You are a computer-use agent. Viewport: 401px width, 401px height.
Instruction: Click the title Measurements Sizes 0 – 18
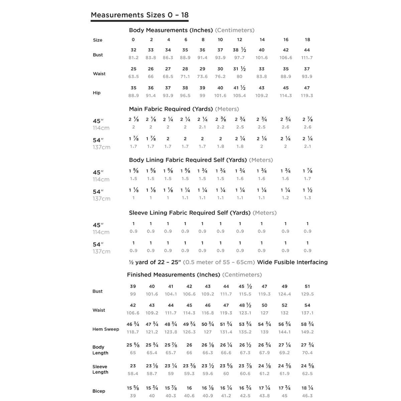tap(140, 15)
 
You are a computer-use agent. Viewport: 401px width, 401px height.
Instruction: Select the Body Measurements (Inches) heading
tap(171, 30)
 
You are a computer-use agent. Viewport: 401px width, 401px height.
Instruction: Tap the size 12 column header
tap(240, 39)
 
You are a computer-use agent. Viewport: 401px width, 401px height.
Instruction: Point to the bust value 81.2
tap(133, 57)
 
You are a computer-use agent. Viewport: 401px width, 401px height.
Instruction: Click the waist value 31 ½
tap(239, 69)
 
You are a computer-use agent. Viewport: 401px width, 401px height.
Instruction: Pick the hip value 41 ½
tap(239, 88)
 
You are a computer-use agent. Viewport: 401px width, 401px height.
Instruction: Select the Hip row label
tap(97, 93)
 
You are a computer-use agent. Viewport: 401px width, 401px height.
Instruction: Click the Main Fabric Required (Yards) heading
tap(171, 109)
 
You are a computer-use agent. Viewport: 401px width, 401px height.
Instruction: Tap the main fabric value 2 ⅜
tap(221, 119)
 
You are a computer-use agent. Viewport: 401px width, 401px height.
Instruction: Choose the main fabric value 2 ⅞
tap(307, 119)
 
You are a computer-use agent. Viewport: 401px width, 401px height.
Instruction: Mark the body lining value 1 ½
tap(307, 190)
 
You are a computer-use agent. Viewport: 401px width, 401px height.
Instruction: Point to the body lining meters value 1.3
tap(307, 198)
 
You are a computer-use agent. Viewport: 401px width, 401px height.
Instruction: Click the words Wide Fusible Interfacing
tap(292, 262)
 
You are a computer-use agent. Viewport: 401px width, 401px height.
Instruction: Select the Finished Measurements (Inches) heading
tap(173, 275)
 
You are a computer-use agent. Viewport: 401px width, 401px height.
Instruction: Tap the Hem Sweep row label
tap(106, 329)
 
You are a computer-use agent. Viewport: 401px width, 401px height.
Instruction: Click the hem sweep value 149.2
tap(307, 332)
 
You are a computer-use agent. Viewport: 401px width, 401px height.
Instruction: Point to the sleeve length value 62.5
tap(307, 374)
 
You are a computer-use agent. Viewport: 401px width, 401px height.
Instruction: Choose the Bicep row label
tap(99, 391)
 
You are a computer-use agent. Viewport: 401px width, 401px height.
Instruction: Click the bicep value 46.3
tap(307, 396)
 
